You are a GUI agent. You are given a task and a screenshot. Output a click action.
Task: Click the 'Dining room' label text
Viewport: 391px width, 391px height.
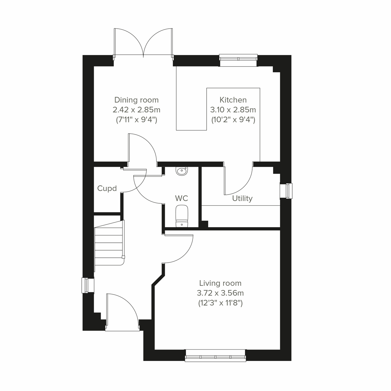point(136,100)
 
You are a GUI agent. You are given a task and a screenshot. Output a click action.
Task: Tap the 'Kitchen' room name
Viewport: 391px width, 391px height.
point(233,100)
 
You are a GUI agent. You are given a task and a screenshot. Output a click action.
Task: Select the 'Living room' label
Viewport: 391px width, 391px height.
point(221,283)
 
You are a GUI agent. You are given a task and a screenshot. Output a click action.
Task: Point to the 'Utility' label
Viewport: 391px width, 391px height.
point(242,198)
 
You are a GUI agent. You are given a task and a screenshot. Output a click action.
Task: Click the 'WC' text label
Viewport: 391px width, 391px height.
point(181,198)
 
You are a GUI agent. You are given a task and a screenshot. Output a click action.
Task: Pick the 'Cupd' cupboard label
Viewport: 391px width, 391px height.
point(107,188)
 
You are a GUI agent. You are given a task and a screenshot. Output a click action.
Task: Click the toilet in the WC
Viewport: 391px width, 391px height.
point(181,216)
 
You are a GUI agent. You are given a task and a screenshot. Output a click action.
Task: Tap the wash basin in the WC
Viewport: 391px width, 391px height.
point(181,171)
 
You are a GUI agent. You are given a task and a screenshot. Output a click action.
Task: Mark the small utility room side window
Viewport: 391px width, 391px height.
point(287,191)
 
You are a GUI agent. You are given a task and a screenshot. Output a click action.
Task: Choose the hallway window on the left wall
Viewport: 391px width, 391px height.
point(86,285)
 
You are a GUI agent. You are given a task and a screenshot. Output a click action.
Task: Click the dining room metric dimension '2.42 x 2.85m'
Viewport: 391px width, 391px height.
point(137,110)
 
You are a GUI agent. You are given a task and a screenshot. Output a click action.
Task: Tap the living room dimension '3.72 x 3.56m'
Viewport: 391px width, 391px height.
point(221,293)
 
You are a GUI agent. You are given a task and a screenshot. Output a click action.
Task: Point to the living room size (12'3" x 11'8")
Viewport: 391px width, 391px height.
point(221,303)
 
